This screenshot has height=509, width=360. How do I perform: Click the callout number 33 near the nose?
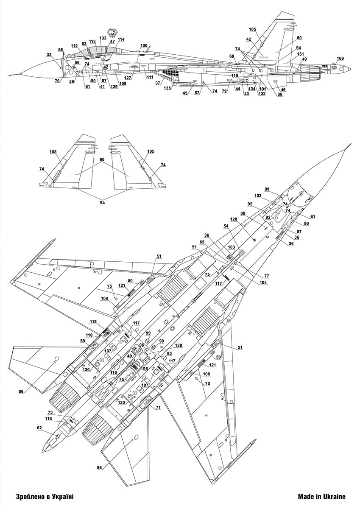(49, 54)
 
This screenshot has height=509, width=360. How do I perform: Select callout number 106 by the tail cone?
(340, 59)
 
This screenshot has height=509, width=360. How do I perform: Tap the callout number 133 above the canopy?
(103, 38)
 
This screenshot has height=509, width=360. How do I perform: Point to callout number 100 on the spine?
(144, 45)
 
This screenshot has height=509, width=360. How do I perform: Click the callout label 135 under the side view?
(167, 88)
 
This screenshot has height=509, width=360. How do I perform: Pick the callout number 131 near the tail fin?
(300, 54)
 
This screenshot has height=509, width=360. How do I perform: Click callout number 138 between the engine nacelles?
(179, 346)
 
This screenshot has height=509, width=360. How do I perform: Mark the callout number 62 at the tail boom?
(39, 428)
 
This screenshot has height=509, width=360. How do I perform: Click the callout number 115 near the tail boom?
(49, 419)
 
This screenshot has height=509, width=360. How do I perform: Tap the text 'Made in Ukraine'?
(321, 496)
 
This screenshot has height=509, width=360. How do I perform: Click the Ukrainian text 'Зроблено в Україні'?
(39, 496)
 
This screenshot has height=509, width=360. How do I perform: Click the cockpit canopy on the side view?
(89, 52)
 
